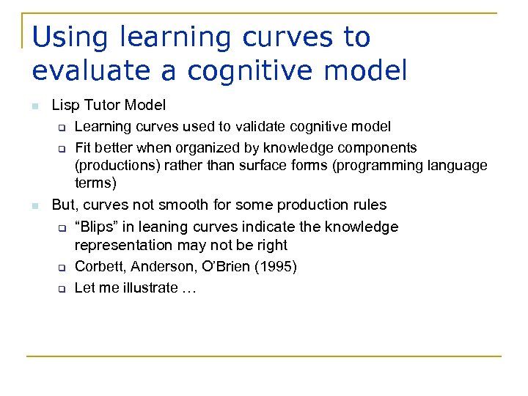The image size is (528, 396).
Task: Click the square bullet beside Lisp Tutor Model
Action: click(x=35, y=107)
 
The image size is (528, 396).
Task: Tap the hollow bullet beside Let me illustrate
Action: click(x=62, y=289)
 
